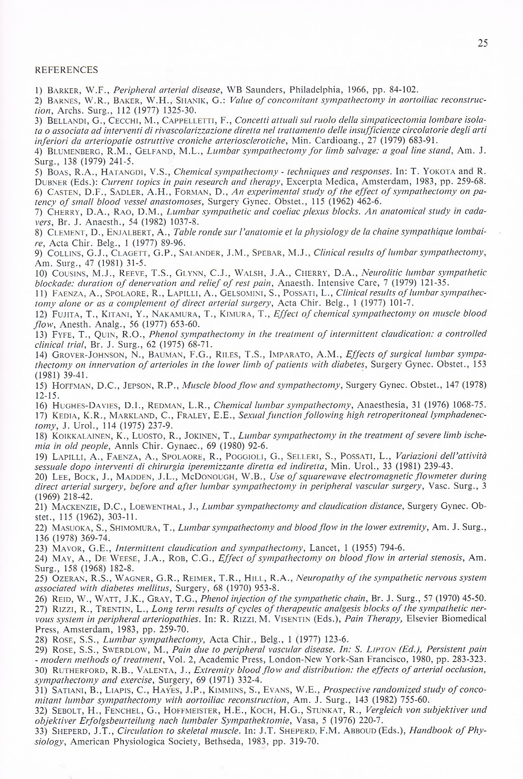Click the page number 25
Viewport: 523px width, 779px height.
coord(482,43)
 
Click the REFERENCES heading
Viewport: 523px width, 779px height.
coord(66,70)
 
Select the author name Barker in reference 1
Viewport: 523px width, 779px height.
coord(64,90)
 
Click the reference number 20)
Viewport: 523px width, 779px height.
coord(41,476)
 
